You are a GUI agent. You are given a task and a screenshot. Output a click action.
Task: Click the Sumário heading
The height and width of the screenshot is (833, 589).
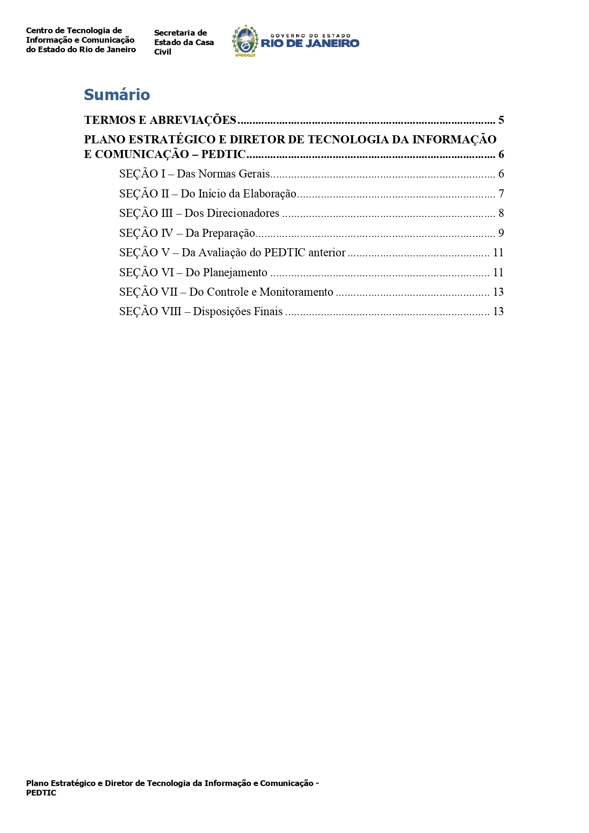coord(117,95)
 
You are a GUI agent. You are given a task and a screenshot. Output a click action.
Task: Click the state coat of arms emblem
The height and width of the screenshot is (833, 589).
coord(245,41)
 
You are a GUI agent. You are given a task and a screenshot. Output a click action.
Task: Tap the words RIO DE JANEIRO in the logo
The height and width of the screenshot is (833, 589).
coord(310,43)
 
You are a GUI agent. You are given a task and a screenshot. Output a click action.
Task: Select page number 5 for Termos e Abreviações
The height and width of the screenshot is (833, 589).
coord(501,120)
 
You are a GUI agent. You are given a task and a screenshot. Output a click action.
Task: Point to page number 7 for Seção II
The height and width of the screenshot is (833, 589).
coord(501,194)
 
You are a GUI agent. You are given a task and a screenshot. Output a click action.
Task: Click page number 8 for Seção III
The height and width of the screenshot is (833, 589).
coord(501,213)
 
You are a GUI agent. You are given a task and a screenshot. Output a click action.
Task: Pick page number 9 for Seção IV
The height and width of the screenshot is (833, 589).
coord(501,233)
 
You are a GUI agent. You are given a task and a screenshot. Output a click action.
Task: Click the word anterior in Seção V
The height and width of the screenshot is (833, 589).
coord(327,253)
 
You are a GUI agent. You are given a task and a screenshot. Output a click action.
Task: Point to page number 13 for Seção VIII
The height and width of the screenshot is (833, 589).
coord(498,311)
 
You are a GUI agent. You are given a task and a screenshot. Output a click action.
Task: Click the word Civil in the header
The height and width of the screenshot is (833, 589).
coord(163,52)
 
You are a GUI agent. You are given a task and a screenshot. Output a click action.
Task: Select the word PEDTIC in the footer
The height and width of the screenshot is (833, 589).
coord(41,793)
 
